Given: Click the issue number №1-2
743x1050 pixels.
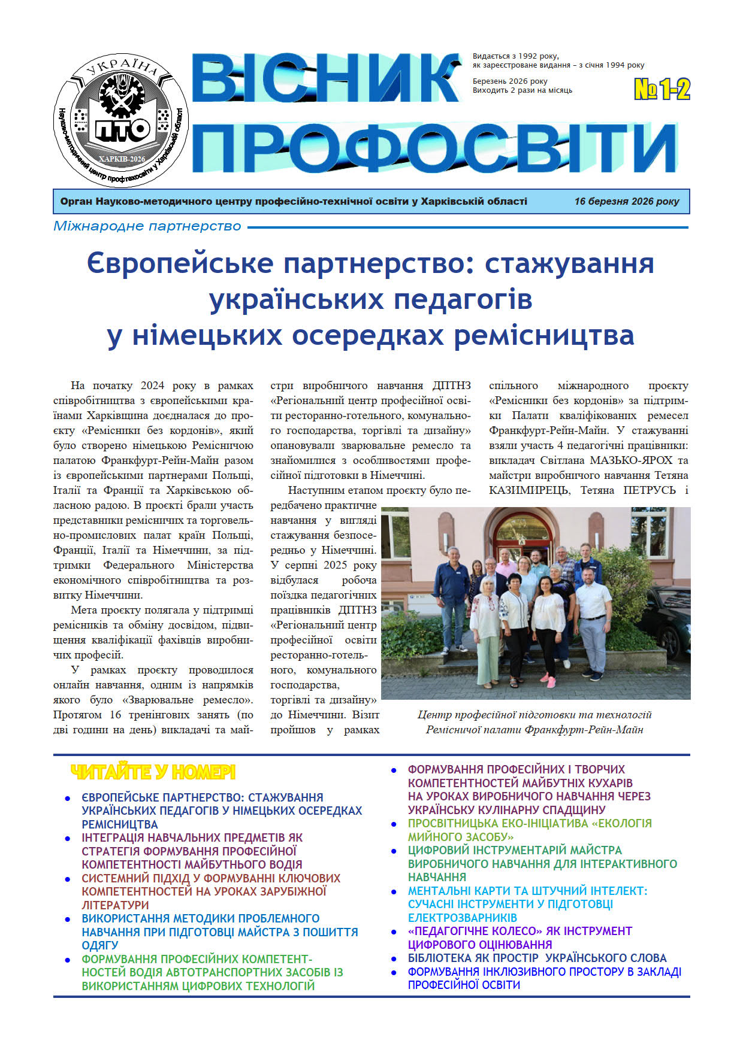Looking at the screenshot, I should coord(662,90).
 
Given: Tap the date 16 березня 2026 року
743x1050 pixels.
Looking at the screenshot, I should coord(626,202).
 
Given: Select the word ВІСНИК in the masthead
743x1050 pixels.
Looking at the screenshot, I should coord(327,79).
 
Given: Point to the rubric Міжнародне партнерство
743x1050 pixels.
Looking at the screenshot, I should coord(147,226).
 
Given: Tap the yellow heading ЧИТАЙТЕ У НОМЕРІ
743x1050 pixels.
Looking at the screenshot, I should coord(153,772).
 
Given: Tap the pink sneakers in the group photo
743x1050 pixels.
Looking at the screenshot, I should coord(548,681).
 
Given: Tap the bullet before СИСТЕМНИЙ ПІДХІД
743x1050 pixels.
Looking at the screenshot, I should coord(68,879).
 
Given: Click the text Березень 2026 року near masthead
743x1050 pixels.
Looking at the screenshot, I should coord(510,81).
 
